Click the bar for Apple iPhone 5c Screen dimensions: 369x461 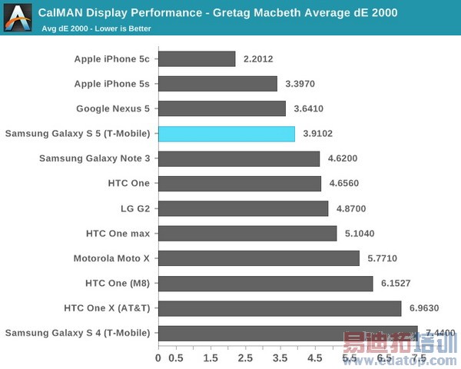coord(197,59)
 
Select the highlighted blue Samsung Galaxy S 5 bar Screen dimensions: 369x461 coord(227,134)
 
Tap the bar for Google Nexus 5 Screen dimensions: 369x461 coord(222,109)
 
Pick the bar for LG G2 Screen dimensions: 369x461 coord(244,208)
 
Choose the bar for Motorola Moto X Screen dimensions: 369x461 coord(259,258)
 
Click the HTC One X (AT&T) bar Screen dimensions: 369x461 coord(280,308)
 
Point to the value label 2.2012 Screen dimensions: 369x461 coord(257,59)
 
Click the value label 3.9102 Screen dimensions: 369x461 coord(317,134)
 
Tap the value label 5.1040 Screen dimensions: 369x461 coord(360,234)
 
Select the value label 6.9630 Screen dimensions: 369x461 coord(424,308)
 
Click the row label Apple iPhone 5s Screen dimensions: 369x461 coord(112,84)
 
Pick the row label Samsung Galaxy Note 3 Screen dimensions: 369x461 coord(95,158)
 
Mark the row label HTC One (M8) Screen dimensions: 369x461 coord(118,284)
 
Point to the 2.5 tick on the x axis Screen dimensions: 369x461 coord(245,358)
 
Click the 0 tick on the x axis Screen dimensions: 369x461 coord(158,358)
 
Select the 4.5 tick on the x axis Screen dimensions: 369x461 coord(315,358)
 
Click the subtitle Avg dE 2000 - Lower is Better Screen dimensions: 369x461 coord(97,29)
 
